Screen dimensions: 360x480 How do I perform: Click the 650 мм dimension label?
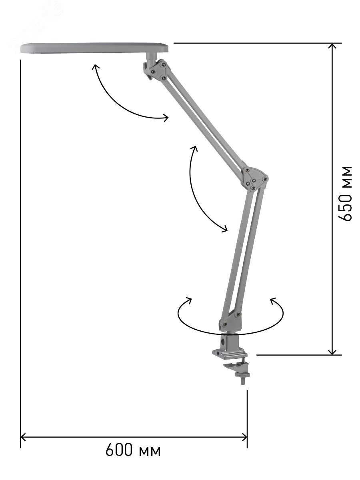click(x=345, y=194)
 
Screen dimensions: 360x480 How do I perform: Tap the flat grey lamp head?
click(x=95, y=48)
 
